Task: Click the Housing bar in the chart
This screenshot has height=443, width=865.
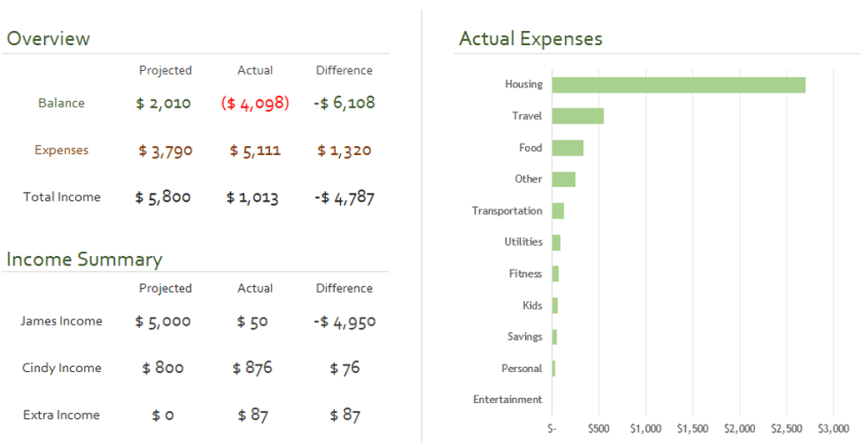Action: coord(678,85)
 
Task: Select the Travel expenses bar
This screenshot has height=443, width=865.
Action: coord(578,116)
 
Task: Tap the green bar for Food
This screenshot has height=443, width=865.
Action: coord(567,148)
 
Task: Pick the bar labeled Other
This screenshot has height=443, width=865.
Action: coord(564,179)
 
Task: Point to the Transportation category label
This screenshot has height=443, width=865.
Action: coord(507,211)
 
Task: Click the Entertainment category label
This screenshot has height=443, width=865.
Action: coord(508,400)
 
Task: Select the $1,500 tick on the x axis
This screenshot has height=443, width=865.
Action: coord(692,428)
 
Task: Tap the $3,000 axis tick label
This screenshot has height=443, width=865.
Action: coord(833,428)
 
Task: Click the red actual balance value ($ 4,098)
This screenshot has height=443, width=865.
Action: coord(255,103)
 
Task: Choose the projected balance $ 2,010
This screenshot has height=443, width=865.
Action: coord(163,103)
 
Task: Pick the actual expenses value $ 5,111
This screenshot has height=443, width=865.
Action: coord(255,151)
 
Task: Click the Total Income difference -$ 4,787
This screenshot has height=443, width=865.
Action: coord(344,197)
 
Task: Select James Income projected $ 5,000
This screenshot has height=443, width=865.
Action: coord(163,322)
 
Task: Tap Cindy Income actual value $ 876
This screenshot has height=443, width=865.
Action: coord(252,368)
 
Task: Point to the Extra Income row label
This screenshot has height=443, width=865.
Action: coord(61,414)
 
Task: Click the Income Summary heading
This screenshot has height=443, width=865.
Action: coord(85,260)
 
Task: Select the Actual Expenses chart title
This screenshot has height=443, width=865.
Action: coord(531,39)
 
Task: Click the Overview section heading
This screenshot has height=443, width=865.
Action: coord(48,39)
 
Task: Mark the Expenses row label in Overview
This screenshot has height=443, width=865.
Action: coord(61,150)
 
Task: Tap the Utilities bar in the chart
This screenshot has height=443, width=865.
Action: coord(556,243)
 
